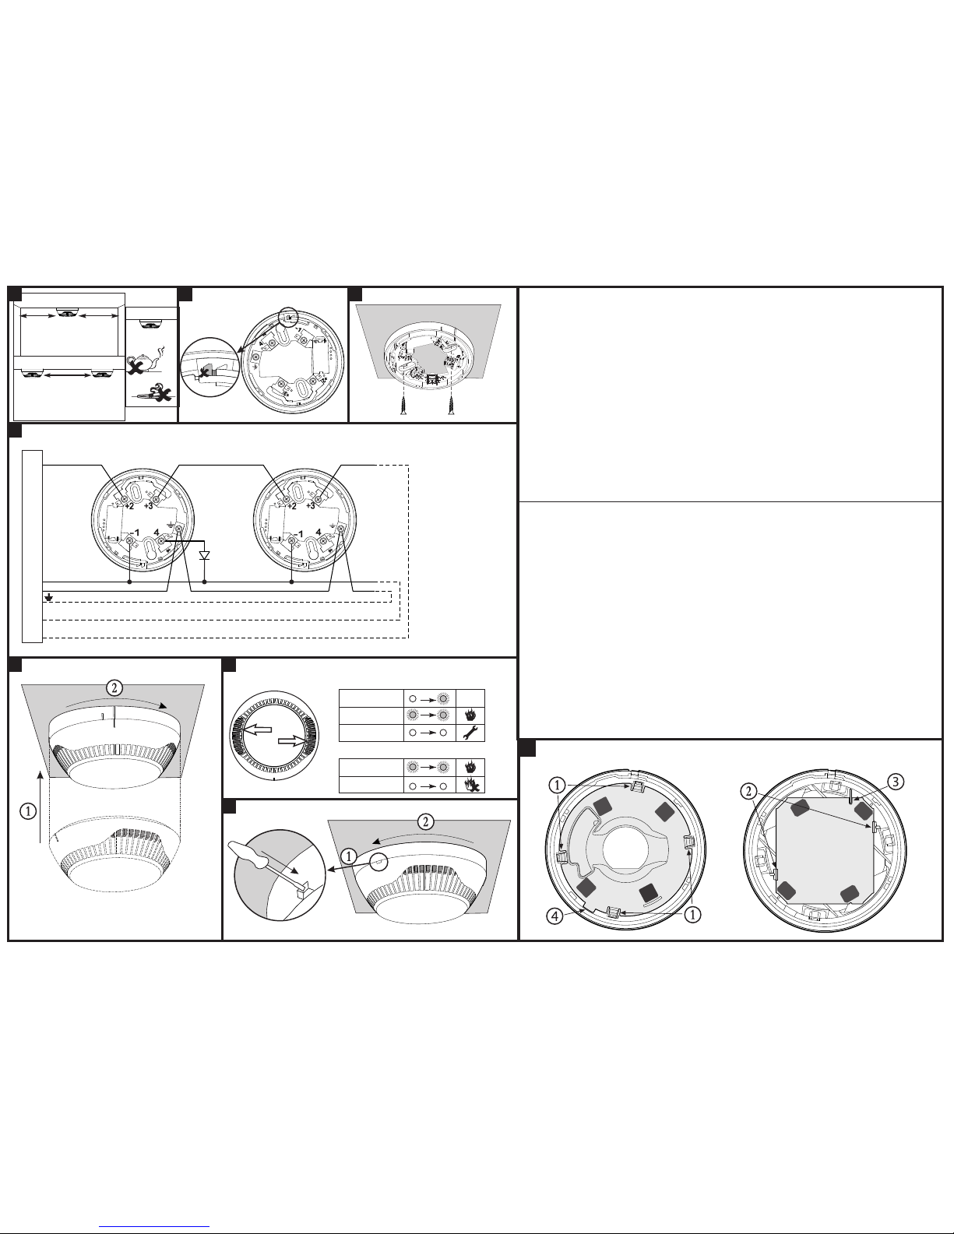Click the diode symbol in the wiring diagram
204,555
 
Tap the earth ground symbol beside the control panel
49,597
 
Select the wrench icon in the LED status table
470,733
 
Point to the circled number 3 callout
895,782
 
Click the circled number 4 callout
554,916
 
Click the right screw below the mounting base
452,405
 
